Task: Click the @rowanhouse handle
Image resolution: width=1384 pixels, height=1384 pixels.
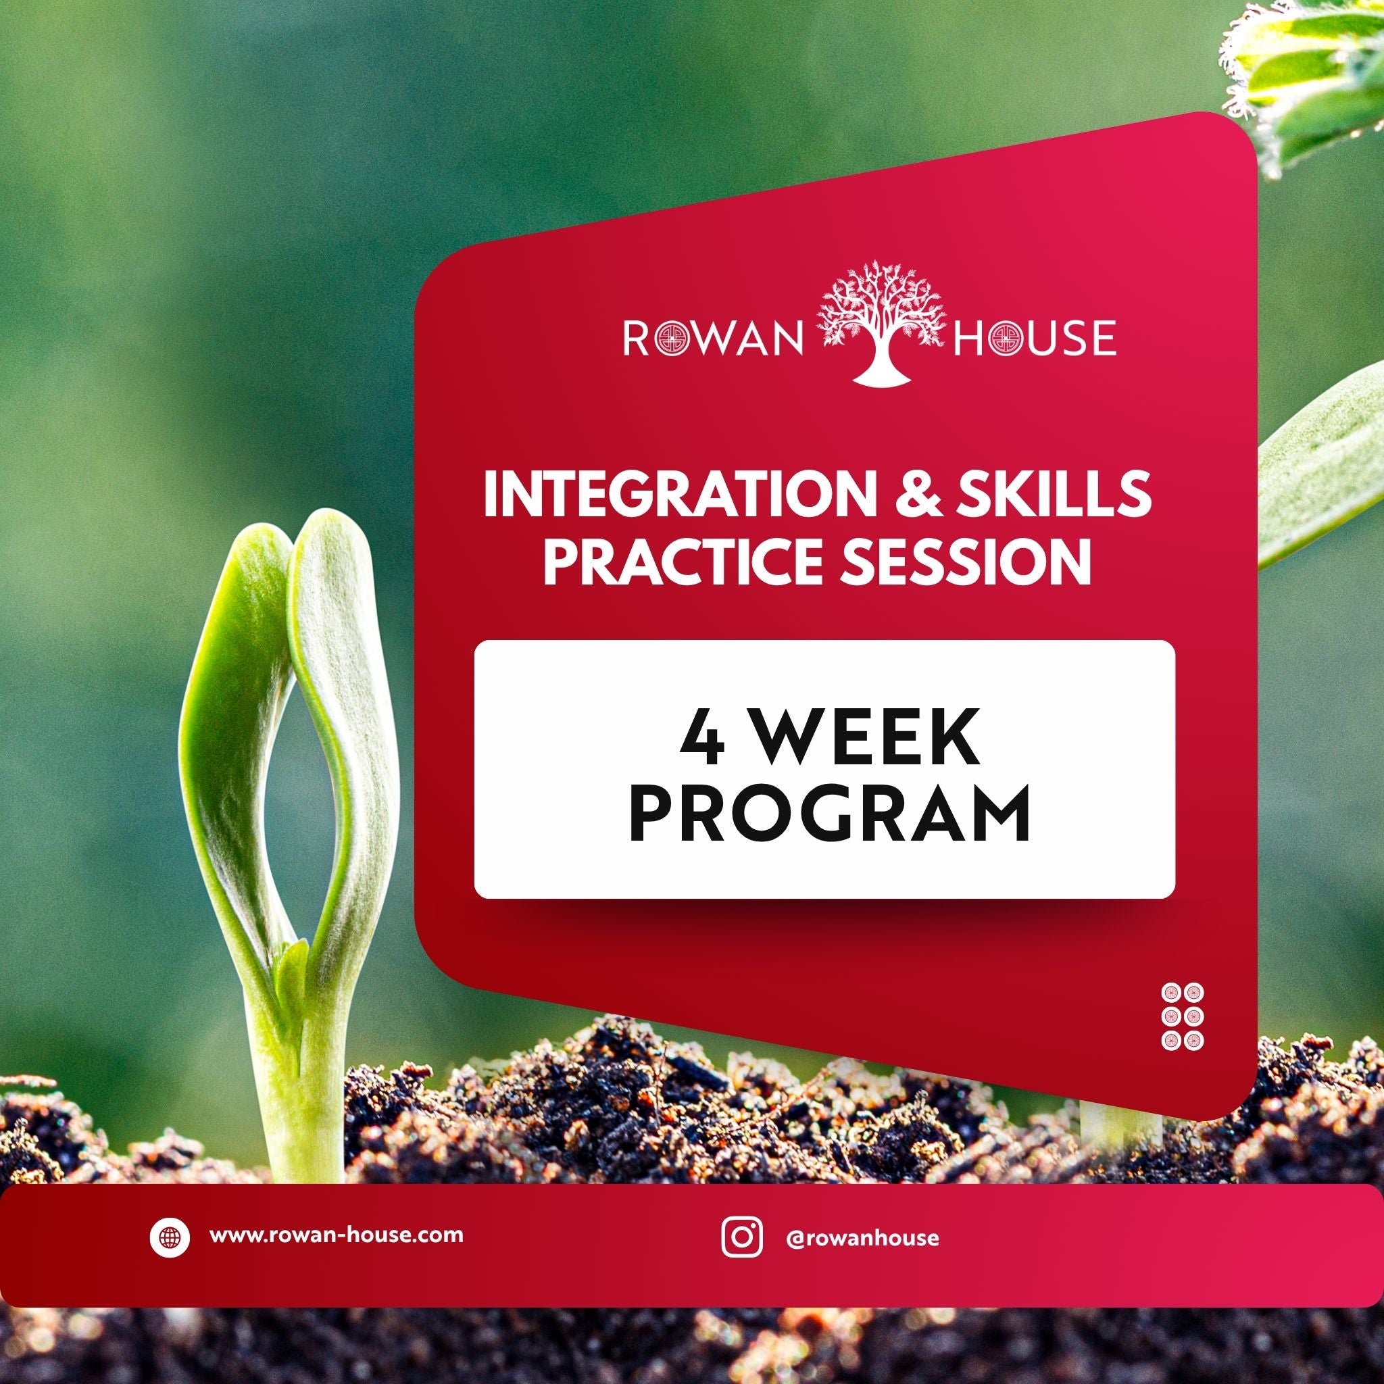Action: [861, 1238]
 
